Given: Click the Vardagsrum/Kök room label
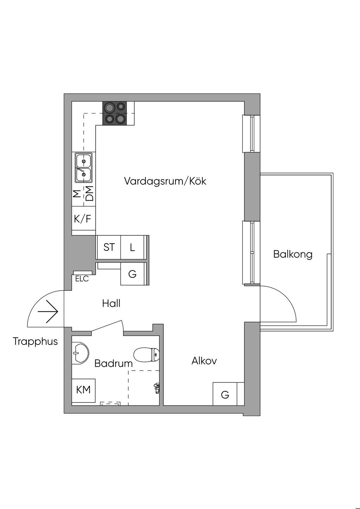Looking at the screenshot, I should pos(165,181).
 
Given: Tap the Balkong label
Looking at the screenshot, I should pos(292,254).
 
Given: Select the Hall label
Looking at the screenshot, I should pos(111,303).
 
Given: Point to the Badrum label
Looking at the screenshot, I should pos(113,363).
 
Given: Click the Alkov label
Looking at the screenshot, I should pos(204,361).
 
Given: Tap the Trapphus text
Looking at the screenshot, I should pos(35,341).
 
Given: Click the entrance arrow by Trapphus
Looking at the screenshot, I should pos(48,312).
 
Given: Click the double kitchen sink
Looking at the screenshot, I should pos(83,167).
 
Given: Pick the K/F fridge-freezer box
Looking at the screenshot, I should pos(83,219).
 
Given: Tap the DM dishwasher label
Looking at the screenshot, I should pos(90,194).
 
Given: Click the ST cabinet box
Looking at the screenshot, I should pos(109,247).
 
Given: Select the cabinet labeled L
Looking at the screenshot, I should pos(133,247).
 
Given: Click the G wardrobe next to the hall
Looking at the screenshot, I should pos(133,274).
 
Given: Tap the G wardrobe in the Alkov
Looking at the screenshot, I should pos(225,394).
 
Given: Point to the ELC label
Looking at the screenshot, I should pos(82,279).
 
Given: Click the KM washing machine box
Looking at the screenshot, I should pos(83,389).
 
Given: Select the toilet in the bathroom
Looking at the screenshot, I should pos(147,355).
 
